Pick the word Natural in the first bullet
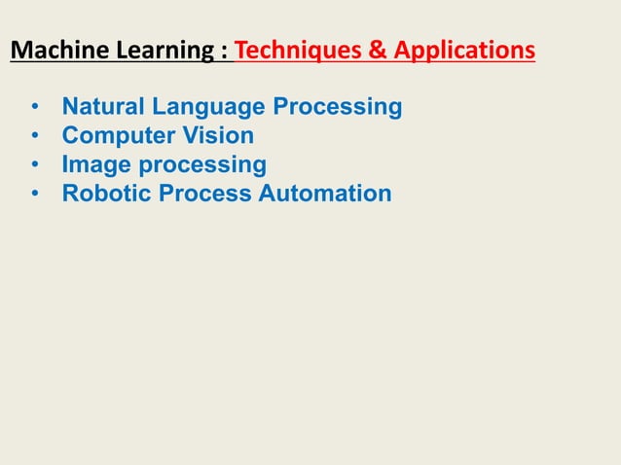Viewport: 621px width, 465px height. [x=101, y=106]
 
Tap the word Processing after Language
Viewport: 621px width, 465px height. [x=337, y=106]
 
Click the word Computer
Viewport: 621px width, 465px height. [x=115, y=135]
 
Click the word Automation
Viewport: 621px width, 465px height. [x=325, y=194]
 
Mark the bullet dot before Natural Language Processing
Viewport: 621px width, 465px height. [x=35, y=106]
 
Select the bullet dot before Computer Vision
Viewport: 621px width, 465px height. [x=35, y=135]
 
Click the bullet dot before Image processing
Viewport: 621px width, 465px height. [x=35, y=164]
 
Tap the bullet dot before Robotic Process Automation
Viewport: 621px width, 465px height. [x=35, y=194]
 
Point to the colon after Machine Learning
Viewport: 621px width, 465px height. [x=226, y=51]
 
